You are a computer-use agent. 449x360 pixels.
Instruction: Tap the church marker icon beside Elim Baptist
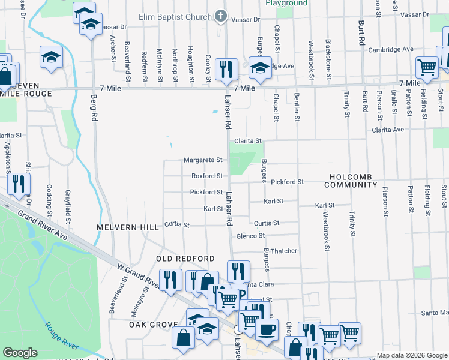221,16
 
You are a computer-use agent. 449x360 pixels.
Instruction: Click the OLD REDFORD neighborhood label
185,259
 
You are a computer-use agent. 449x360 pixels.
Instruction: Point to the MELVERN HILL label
128,227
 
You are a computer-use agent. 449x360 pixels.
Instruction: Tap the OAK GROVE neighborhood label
151,324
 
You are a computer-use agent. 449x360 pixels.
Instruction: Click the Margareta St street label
203,160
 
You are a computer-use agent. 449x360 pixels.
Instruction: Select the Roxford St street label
207,176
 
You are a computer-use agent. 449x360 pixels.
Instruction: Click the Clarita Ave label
388,130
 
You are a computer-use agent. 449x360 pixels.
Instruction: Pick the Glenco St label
250,236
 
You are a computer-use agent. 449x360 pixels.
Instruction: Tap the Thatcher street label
284,251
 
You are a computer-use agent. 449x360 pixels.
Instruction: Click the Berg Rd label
94,107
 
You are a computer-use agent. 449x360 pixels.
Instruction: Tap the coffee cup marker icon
267,329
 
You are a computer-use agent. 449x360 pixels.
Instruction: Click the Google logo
20,353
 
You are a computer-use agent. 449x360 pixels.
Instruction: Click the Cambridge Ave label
391,49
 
